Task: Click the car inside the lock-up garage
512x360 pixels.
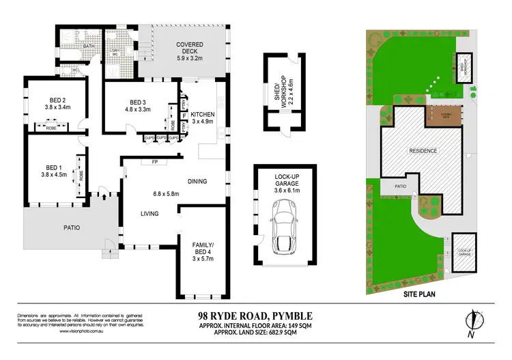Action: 285,229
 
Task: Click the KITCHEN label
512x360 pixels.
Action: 203,114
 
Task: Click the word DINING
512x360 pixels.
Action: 197,181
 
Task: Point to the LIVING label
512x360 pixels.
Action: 150,214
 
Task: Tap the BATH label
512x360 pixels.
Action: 89,46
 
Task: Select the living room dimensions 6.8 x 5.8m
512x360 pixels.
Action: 165,193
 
